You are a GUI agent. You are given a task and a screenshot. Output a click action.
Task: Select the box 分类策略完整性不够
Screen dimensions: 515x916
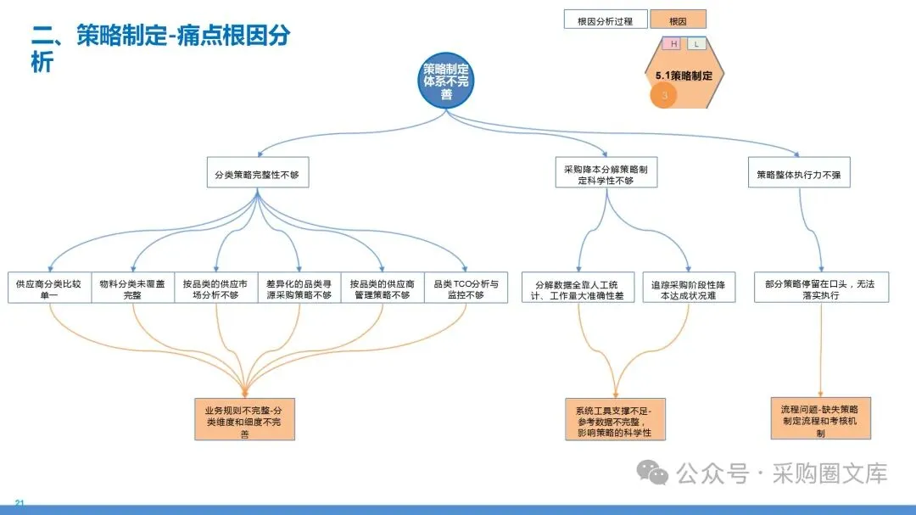[x=257, y=175]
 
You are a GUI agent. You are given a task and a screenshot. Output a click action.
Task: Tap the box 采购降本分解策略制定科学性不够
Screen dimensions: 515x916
[x=606, y=175]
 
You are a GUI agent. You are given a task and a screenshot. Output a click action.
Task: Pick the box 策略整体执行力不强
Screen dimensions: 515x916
[x=798, y=175]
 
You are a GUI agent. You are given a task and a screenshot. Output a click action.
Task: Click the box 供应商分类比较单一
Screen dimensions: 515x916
[x=49, y=288]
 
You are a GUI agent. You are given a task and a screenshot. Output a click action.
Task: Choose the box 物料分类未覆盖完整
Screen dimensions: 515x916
[x=132, y=288]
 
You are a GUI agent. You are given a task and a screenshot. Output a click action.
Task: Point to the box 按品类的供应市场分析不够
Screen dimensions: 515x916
[x=215, y=288]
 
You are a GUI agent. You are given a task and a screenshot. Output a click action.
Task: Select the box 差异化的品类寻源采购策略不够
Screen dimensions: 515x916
[x=299, y=288]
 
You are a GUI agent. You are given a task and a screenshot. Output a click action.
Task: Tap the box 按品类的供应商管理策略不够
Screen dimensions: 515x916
[x=382, y=288]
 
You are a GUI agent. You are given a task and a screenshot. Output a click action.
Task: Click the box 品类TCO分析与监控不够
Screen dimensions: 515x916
[x=466, y=288]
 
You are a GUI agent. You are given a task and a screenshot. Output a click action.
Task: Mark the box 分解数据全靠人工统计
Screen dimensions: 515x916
[x=578, y=288]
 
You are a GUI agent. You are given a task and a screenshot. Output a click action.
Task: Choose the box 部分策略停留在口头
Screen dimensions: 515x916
[x=821, y=288]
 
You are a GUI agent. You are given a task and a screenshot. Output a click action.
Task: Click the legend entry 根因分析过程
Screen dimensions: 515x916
[x=605, y=20]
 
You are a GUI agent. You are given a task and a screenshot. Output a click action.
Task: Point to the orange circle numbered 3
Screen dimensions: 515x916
[x=665, y=96]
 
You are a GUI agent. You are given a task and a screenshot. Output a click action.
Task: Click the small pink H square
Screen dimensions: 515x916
[x=673, y=44]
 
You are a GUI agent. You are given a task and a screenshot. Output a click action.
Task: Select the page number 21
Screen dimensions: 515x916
[x=20, y=504]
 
